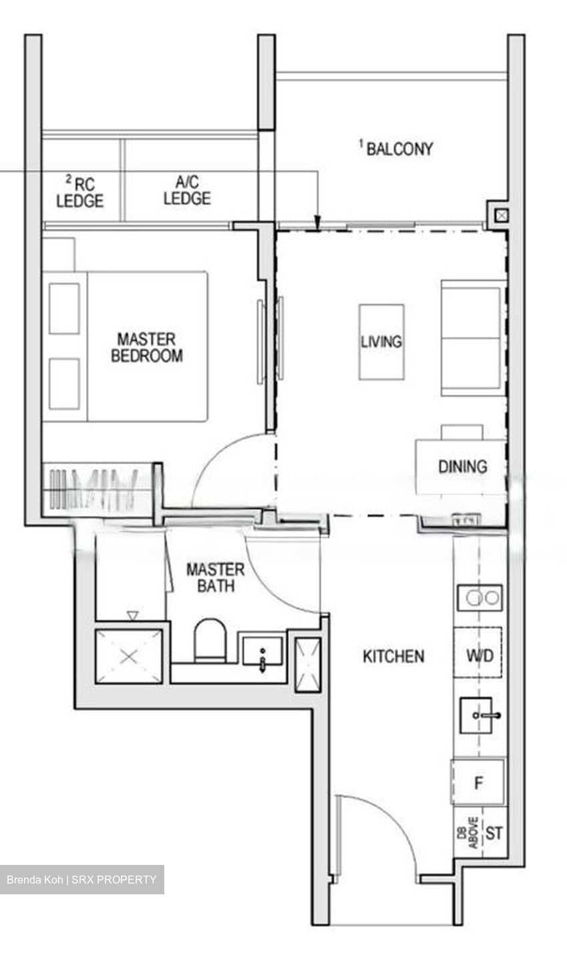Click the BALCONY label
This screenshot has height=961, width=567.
click(399, 148)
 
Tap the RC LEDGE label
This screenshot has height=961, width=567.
click(80, 191)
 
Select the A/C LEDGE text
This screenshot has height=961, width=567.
click(187, 190)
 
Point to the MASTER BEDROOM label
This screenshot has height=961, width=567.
click(146, 347)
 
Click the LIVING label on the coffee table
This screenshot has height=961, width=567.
click(381, 342)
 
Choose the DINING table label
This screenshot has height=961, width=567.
click(462, 466)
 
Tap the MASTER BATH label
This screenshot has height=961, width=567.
click(215, 578)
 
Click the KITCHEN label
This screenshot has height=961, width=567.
click(393, 657)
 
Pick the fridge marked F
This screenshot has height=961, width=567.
click(478, 783)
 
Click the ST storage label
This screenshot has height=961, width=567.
click(494, 833)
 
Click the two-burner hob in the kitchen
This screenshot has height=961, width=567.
click(480, 597)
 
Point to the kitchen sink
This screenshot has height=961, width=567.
click(478, 715)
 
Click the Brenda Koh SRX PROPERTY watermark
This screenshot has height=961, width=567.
click(81, 880)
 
